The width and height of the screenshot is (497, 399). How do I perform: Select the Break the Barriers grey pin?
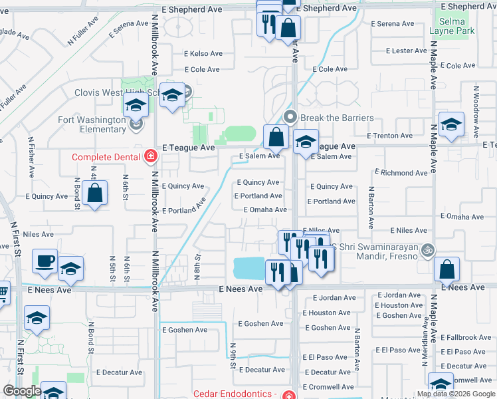pyautogui.click(x=290, y=117)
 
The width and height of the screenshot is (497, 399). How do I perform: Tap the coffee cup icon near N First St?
pyautogui.click(x=45, y=261)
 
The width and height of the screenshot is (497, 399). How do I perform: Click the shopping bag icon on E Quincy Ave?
pyautogui.click(x=95, y=194)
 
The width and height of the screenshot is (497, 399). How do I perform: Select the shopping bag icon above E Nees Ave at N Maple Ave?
pyautogui.click(x=447, y=269)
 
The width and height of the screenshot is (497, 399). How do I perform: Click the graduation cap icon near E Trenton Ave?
pyautogui.click(x=451, y=124)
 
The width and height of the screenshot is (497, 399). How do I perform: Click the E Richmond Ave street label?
pyautogui.click(x=403, y=173)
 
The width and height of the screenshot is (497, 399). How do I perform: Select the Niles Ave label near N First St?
pyautogui.click(x=39, y=234)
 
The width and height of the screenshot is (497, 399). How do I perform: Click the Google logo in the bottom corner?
pyautogui.click(x=21, y=391)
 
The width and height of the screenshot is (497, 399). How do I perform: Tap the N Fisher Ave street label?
pyautogui.click(x=31, y=157)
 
